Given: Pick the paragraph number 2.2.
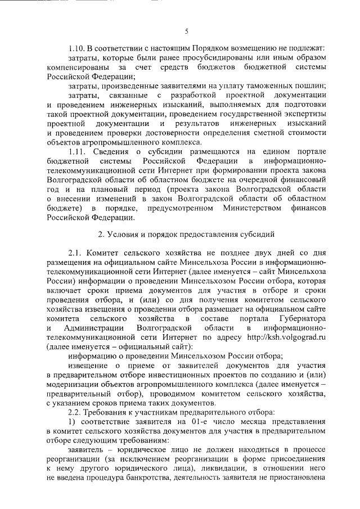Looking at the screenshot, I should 76,411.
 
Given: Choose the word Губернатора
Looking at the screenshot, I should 301,316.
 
